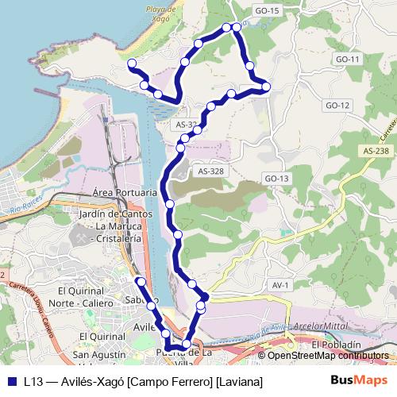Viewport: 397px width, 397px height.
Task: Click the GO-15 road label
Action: (268, 10)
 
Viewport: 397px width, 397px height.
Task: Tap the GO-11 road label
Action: (348, 60)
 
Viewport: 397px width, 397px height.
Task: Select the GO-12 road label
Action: (337, 106)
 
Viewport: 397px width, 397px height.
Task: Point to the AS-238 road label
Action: (376, 151)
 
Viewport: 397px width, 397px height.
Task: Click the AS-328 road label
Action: (211, 172)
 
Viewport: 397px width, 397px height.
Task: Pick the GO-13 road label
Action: (276, 179)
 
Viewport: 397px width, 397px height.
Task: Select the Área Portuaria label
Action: (124, 192)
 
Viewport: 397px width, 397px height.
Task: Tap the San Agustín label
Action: (99, 354)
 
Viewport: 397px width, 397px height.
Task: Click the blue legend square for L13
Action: (13, 381)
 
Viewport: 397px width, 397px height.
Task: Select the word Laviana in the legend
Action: (239, 382)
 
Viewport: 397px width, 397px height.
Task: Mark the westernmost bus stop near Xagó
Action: (132, 64)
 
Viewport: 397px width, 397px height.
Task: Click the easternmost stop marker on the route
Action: (266, 87)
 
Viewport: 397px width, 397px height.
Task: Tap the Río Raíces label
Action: (24, 210)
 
